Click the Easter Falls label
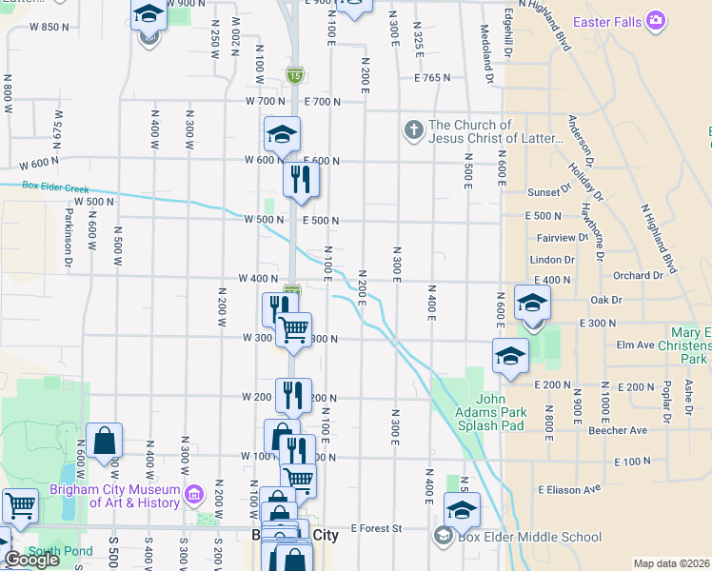pos(605,20)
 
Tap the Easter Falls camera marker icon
pos(655,20)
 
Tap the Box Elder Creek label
pos(55,187)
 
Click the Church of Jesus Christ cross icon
pos(412,131)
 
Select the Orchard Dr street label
pos(638,276)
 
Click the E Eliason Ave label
pos(569,489)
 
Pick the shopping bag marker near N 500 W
pos(104,442)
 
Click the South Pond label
pos(48,551)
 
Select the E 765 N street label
pos(431,78)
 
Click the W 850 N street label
pos(49,28)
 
